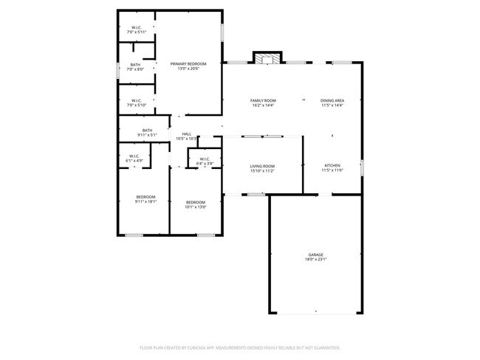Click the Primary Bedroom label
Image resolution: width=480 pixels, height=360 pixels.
click(x=188, y=64)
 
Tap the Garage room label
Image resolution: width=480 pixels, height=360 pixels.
click(x=315, y=255)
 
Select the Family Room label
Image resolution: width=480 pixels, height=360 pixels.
click(x=262, y=100)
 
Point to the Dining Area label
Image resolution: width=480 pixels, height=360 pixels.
click(x=332, y=100)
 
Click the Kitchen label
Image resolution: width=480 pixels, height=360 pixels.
click(x=332, y=165)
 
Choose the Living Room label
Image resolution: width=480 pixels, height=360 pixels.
click(x=262, y=166)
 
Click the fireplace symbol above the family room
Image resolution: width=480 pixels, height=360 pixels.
click(x=267, y=58)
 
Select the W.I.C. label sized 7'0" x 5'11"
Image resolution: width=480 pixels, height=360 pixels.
click(x=137, y=28)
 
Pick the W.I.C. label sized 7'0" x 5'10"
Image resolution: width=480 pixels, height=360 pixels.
click(x=137, y=100)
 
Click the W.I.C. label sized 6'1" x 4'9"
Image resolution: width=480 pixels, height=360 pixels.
click(x=134, y=156)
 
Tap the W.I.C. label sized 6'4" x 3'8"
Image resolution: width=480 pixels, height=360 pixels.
click(x=205, y=159)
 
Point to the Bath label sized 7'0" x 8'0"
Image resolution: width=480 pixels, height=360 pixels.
click(x=135, y=65)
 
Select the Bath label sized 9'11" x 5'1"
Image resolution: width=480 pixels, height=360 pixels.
click(x=147, y=131)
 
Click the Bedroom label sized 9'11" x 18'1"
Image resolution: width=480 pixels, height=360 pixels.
click(x=145, y=196)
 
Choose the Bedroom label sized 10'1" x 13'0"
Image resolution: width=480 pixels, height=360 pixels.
click(x=195, y=202)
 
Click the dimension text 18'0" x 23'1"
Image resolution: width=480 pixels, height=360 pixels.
click(x=315, y=260)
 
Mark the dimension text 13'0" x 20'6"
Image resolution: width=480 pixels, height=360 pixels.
click(x=188, y=69)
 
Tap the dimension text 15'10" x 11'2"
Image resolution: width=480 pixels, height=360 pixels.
click(x=262, y=171)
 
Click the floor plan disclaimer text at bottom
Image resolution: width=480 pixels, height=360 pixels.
click(x=240, y=347)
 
